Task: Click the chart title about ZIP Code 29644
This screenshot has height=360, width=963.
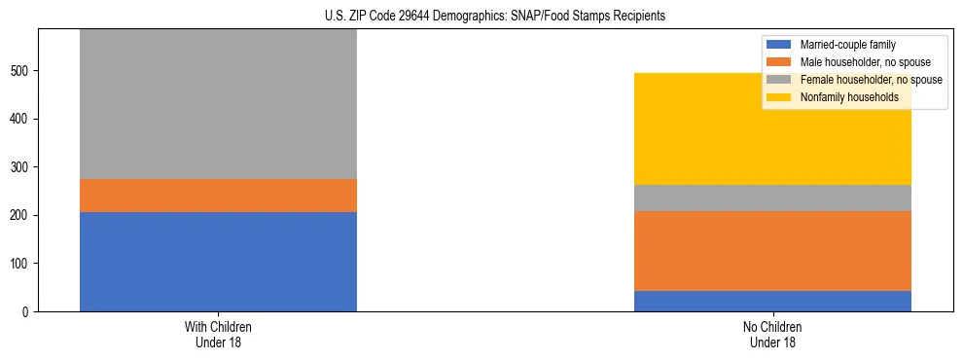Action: point(495,16)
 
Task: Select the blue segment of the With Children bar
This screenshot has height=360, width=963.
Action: point(218,261)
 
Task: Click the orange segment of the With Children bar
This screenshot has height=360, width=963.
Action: point(218,196)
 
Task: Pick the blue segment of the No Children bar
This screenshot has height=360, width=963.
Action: point(772,301)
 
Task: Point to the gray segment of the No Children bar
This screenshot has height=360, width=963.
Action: point(772,198)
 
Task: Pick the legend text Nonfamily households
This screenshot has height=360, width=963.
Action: point(842,97)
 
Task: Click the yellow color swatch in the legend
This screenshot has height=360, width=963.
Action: point(780,97)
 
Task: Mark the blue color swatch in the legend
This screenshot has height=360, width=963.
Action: point(780,45)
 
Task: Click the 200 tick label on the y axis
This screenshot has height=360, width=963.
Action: point(21,215)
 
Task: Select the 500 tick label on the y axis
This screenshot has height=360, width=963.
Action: point(21,71)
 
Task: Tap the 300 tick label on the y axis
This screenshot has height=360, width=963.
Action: point(21,167)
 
